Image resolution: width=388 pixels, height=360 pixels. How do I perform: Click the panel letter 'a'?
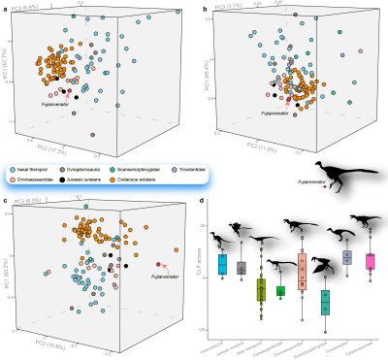[x=6, y=7]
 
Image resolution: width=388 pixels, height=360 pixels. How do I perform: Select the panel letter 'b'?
[x=202, y=7]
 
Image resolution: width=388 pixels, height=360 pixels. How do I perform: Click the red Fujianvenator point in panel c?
[x=158, y=263]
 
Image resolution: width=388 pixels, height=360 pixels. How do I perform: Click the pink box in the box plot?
[x=370, y=261]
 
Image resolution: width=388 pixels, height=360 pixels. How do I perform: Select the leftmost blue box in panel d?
[x=223, y=263]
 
